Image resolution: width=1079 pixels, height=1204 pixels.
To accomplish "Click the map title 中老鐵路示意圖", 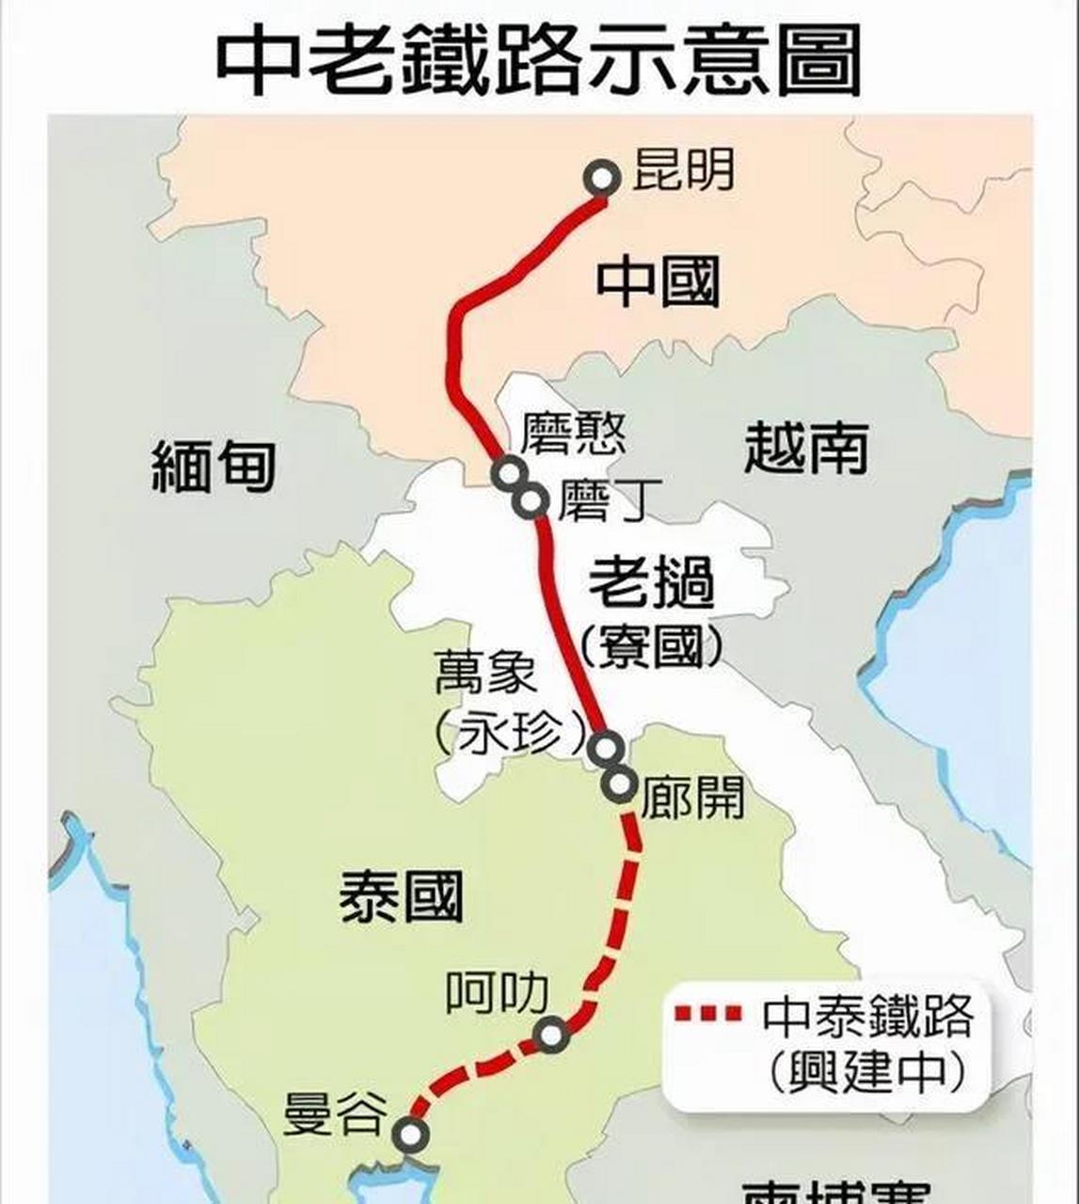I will (x=538, y=58).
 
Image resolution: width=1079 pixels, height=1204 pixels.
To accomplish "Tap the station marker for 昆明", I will (x=603, y=178).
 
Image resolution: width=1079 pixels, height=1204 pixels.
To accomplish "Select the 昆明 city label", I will (x=683, y=170).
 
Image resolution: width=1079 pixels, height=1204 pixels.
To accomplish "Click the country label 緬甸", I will (x=214, y=467).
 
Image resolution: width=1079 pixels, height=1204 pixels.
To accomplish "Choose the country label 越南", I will (x=805, y=448).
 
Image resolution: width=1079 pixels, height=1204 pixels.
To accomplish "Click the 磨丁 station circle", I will (x=532, y=501).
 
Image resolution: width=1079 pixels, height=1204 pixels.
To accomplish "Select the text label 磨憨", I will (x=574, y=434).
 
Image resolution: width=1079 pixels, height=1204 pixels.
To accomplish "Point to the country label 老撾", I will (x=651, y=583).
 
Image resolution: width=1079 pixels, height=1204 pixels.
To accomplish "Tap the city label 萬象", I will (x=485, y=673).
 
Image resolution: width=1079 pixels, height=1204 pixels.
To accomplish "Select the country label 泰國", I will (x=402, y=895).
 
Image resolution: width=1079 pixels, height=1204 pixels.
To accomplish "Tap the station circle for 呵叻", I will (x=551, y=1035).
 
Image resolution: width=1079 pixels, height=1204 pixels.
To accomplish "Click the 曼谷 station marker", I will (x=410, y=1134).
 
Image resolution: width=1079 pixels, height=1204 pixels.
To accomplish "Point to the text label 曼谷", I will (x=335, y=1114).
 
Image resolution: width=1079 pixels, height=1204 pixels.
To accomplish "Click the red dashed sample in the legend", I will (x=708, y=1014).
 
